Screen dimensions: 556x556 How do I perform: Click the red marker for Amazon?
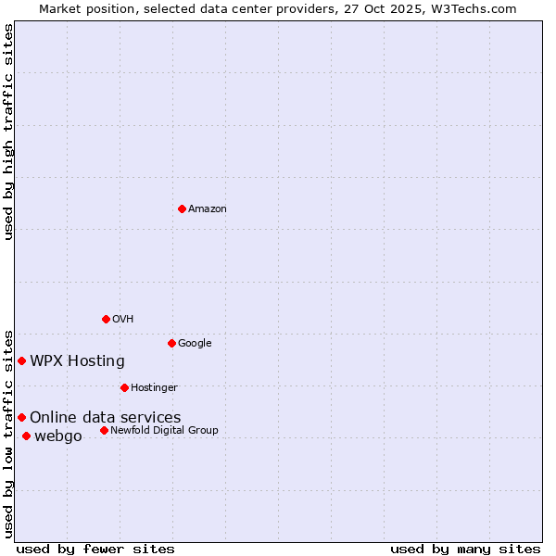182,208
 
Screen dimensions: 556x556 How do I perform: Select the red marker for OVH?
106,319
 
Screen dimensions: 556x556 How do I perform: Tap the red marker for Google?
171,343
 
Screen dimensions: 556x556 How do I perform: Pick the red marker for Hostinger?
124,387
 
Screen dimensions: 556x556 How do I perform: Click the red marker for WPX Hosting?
21,360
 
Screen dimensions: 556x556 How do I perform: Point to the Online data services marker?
21,417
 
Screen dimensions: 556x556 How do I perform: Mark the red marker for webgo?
26,436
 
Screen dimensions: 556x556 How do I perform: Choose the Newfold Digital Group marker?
104,430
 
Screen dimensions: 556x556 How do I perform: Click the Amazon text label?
208,208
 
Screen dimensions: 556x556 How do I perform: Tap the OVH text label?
123,319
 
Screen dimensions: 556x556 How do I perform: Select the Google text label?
195,343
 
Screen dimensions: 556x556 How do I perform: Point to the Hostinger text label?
154,387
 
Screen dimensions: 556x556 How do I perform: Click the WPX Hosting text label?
77,360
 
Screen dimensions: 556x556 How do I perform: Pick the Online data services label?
106,417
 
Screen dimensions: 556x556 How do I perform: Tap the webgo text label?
58,436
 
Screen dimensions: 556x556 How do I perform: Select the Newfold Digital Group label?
164,430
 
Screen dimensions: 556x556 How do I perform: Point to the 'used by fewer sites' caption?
95,549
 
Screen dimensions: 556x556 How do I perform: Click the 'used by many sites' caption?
465,549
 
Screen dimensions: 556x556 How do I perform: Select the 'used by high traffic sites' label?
8,132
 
